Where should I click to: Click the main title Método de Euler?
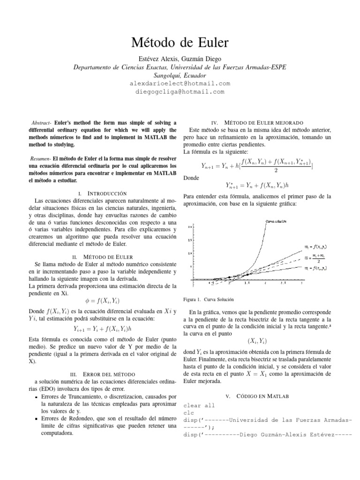click(180, 44)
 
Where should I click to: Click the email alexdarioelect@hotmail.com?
click(180, 83)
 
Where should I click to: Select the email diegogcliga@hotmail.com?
click(180, 91)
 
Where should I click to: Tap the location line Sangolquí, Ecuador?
click(180, 75)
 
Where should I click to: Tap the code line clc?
click(188, 413)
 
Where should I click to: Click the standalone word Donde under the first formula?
click(192, 178)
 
